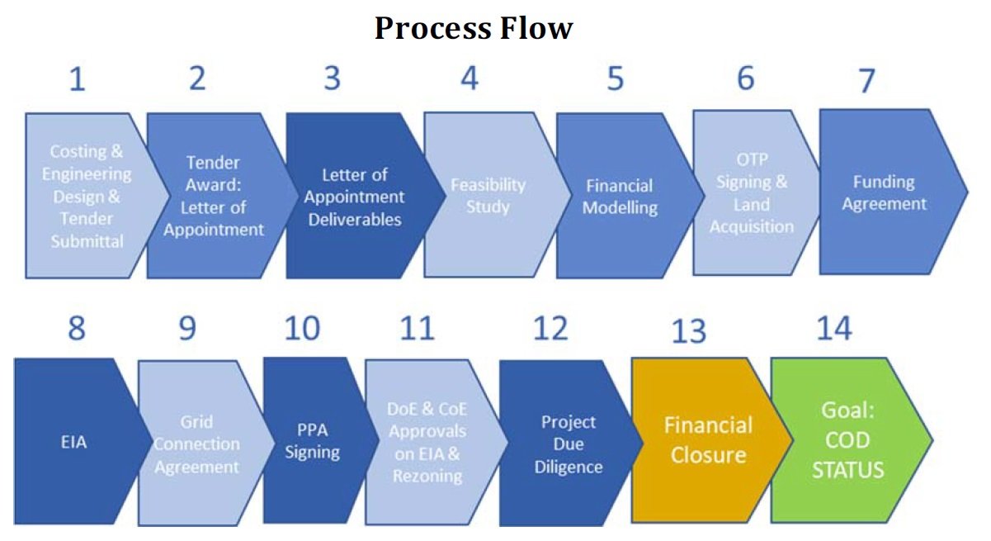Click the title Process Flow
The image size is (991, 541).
pyautogui.click(x=474, y=29)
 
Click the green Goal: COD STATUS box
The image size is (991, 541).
pyautogui.click(x=847, y=440)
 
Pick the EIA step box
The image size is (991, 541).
pyautogui.click(x=74, y=442)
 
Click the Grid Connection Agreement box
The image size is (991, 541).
pyautogui.click(x=197, y=444)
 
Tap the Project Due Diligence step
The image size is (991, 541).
pyautogui.click(x=568, y=444)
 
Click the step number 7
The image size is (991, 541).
pyautogui.click(x=866, y=83)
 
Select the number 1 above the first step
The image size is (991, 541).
pyautogui.click(x=77, y=79)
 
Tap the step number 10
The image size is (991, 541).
pyautogui.click(x=301, y=328)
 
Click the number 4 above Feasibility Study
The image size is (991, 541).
pyautogui.click(x=469, y=79)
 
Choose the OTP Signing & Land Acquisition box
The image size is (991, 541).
pyautogui.click(x=749, y=203)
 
